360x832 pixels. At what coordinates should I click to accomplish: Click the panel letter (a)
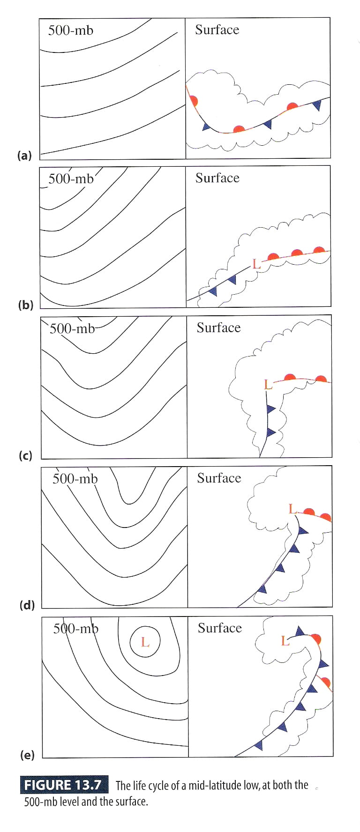click(x=24, y=155)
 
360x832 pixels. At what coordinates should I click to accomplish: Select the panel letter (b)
click(x=25, y=305)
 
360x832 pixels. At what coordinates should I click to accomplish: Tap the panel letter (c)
click(x=25, y=455)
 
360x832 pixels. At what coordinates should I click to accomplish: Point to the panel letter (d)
click(x=27, y=605)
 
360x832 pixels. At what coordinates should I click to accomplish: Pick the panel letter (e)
click(x=27, y=755)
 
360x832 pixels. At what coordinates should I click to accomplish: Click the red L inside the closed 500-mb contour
click(x=145, y=642)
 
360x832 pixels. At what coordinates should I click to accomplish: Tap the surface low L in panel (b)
click(x=256, y=264)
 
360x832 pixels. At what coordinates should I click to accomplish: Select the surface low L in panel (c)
click(x=268, y=385)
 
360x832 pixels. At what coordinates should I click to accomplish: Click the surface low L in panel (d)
click(x=292, y=509)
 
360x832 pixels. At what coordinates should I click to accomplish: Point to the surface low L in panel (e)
click(x=285, y=640)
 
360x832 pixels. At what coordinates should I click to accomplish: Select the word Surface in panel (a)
click(x=217, y=30)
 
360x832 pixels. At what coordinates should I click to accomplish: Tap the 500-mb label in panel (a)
click(x=71, y=30)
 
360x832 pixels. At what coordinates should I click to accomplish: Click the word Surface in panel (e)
click(x=220, y=628)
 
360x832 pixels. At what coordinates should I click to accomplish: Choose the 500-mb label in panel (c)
click(x=72, y=328)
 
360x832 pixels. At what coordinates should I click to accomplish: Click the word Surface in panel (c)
click(x=218, y=327)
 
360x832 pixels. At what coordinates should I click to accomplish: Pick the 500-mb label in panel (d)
click(x=75, y=478)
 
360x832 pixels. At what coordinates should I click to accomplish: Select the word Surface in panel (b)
click(x=217, y=178)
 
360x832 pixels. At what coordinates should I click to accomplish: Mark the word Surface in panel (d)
click(x=219, y=478)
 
